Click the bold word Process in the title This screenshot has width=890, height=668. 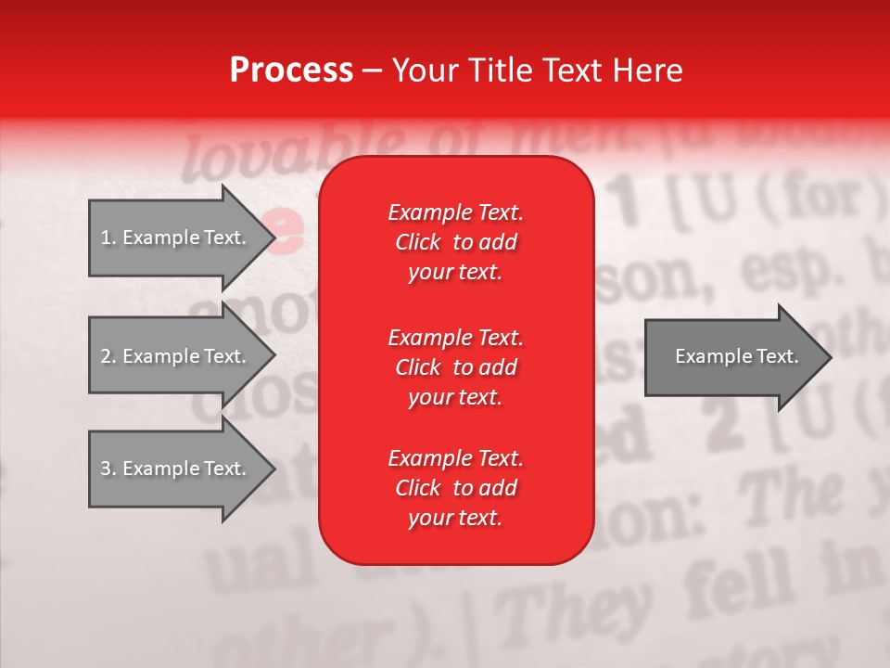coord(291,71)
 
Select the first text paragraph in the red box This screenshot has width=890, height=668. coord(455,242)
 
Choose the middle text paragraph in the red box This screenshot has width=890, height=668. coord(455,367)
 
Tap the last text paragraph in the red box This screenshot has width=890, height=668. coord(455,488)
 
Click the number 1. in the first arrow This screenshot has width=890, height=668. coord(108,238)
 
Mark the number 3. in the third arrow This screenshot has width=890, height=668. coord(108,469)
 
